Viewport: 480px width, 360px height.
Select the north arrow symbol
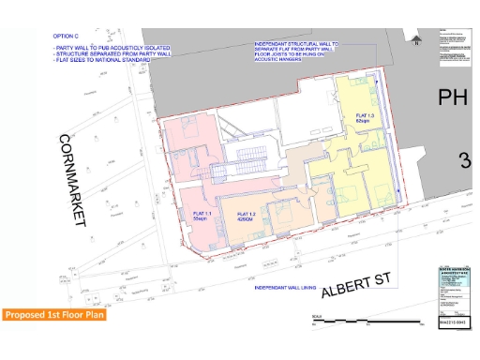coord(413,38)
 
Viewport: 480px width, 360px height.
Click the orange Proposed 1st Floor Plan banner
coord(52,315)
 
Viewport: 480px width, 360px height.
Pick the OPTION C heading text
coord(68,37)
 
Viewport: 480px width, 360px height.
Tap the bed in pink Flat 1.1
coord(184,145)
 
